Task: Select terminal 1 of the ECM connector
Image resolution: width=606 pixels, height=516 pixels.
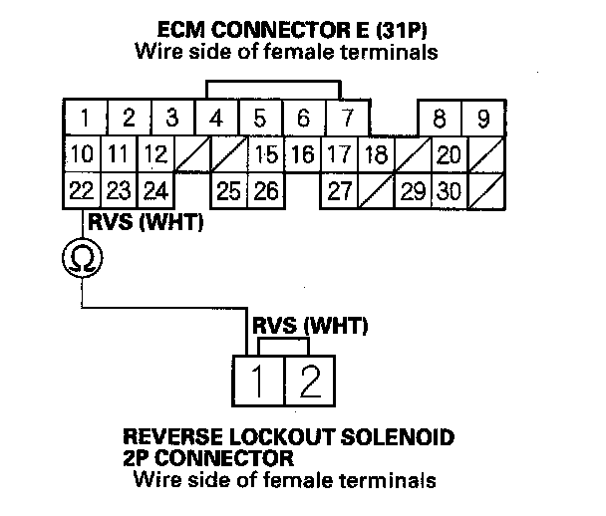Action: click(x=86, y=119)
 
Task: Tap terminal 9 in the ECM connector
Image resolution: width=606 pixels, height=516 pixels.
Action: click(x=483, y=120)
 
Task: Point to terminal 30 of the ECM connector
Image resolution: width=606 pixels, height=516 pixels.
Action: click(x=449, y=190)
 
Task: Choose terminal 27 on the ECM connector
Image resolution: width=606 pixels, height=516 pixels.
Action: click(x=340, y=190)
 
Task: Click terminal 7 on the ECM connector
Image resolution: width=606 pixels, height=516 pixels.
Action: click(x=347, y=119)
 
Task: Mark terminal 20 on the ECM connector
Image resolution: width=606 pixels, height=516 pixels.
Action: click(x=449, y=154)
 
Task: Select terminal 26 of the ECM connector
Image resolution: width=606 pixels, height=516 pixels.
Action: click(x=265, y=190)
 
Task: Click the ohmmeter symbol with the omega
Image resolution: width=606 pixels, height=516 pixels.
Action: click(x=82, y=259)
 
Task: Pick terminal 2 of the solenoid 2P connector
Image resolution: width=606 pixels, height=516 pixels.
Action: click(x=310, y=379)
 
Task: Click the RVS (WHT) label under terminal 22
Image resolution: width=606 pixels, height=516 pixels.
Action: click(x=146, y=223)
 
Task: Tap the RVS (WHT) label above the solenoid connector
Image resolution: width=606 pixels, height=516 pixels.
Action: click(x=310, y=325)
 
